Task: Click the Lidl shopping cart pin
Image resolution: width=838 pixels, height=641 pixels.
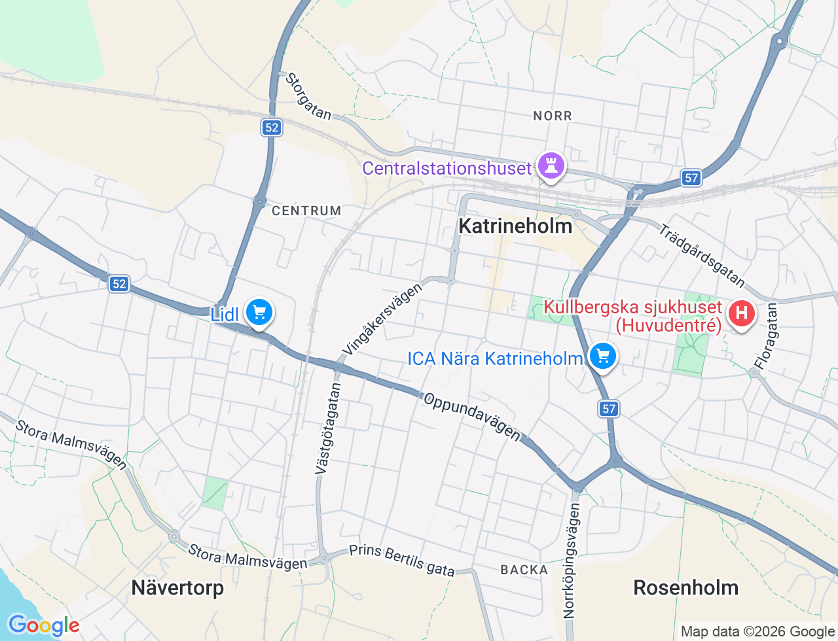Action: coord(259,313)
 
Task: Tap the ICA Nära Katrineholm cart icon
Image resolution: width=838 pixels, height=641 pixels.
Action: coord(603,356)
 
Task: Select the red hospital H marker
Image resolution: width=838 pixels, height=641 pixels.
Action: coord(741,313)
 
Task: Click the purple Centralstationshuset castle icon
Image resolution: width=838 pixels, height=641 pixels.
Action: coord(551,166)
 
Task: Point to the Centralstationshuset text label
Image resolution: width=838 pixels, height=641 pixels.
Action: coord(446,168)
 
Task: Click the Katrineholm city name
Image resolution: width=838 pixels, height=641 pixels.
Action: coord(515,226)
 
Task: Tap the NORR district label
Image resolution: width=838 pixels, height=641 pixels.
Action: coord(553,116)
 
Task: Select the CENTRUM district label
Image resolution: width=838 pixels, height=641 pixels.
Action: coord(306,211)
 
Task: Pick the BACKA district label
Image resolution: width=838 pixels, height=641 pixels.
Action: coord(524,570)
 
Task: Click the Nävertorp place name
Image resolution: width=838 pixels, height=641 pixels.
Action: coord(177,587)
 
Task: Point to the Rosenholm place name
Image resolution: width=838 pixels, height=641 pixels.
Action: coord(685,587)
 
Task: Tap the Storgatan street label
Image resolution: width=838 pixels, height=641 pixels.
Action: coord(308,97)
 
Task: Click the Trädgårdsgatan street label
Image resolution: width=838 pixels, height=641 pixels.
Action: coord(702,256)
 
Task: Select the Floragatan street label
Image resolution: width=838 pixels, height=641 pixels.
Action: coord(765,336)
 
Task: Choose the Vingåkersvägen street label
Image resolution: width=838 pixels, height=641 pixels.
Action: coord(382,320)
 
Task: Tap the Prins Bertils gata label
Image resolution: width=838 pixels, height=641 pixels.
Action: coord(401,561)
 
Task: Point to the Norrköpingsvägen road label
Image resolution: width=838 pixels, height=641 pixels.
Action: coord(571,561)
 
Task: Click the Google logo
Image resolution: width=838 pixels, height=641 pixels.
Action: coord(44,625)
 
